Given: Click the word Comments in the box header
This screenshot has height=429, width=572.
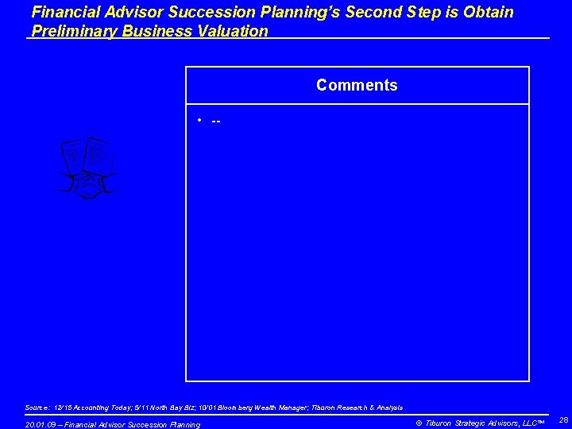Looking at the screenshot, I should pos(357,85).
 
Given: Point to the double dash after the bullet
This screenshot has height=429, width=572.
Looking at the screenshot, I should pos(216,121).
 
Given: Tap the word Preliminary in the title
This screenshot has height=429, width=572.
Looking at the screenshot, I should pos(71,31).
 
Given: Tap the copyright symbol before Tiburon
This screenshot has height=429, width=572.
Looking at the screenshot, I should pos(419,423).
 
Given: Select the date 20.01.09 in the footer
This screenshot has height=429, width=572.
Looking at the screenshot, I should pos(41,425).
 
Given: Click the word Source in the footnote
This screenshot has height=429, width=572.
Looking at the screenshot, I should pos(37,408).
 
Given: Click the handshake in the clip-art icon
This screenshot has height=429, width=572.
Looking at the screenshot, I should pos(87,187).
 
